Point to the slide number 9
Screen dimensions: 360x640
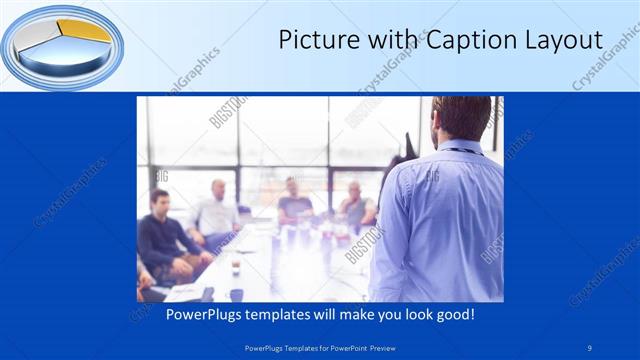tap(590, 348)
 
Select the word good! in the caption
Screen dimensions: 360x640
tap(454, 313)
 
